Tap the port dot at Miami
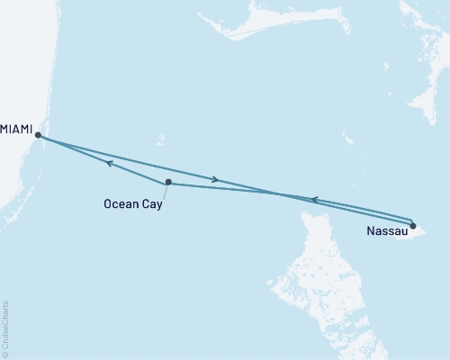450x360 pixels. [38, 135]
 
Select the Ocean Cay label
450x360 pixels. [132, 203]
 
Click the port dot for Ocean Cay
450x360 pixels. [168, 182]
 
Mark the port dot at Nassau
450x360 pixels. [413, 226]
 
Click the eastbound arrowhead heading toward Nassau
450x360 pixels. [215, 180]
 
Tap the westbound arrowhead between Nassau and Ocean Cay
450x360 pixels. [312, 200]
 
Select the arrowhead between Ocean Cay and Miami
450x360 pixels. [108, 164]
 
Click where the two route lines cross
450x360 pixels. [270, 191]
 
